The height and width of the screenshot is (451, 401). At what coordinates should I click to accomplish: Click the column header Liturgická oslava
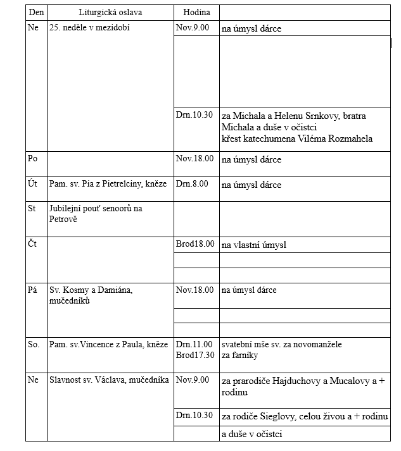tap(110, 13)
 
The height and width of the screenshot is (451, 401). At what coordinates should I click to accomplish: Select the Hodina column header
tap(196, 13)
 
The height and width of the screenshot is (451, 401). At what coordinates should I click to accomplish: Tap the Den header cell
tap(36, 13)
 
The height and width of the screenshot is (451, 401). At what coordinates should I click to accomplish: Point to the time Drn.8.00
tap(192, 185)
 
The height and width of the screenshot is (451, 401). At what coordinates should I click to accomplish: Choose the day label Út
tap(33, 185)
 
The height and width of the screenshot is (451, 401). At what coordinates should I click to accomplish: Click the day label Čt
tap(32, 244)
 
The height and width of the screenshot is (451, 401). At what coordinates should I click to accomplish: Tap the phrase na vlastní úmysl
tap(253, 244)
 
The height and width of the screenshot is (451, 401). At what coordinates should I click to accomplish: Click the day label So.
tap(34, 345)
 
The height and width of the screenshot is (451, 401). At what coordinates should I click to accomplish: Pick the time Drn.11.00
tap(194, 345)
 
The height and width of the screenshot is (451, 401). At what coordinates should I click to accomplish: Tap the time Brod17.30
tap(195, 355)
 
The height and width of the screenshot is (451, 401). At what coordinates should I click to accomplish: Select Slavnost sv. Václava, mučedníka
tap(109, 380)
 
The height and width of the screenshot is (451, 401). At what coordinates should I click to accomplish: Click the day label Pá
tap(33, 290)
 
